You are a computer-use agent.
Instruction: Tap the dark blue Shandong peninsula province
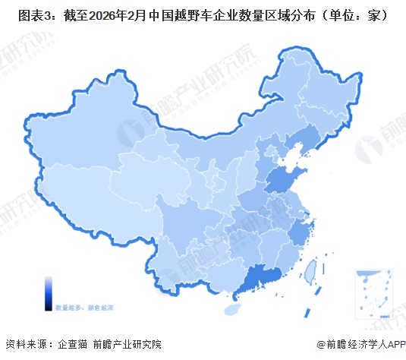(282, 180)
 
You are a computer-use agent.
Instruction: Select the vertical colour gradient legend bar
(49, 289)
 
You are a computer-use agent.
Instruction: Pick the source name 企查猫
(73, 344)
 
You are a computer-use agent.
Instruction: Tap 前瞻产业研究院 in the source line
(127, 344)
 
